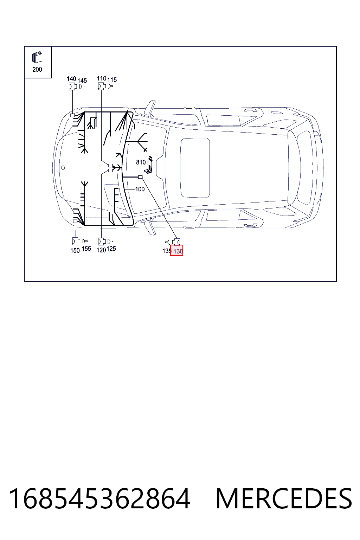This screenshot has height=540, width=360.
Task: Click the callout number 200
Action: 37,69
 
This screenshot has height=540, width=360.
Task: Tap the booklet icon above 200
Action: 37,57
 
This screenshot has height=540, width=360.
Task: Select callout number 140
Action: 71,79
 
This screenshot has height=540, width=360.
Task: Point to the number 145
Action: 82,81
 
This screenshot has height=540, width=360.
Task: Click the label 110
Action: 102,78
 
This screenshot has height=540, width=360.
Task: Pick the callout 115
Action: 112,79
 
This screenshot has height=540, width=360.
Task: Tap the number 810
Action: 141,162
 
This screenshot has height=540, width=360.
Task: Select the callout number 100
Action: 140,189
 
